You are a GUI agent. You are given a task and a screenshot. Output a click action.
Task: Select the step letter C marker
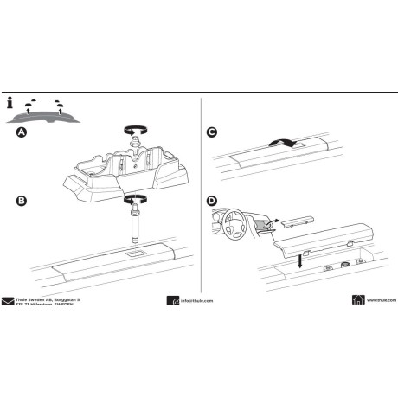click(213, 132)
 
